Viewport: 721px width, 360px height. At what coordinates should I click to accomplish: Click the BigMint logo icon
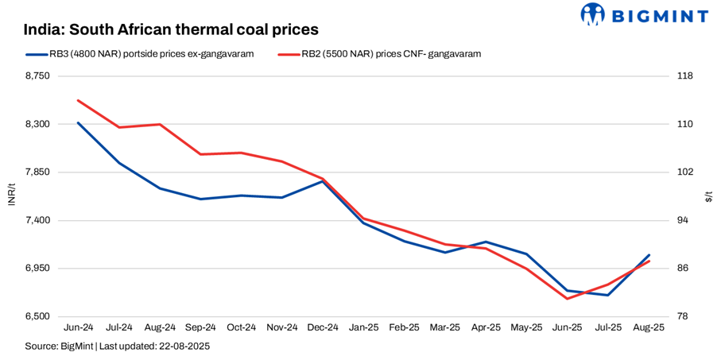point(592,14)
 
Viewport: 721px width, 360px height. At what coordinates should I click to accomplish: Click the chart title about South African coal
point(171,29)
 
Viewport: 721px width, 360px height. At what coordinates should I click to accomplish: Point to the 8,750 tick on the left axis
point(37,76)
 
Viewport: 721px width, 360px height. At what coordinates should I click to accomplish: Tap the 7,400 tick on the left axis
point(37,220)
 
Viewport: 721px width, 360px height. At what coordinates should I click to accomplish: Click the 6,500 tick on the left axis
point(37,316)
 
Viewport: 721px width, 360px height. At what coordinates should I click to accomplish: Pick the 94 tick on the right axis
point(682,220)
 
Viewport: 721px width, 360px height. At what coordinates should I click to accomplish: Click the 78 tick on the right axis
point(682,316)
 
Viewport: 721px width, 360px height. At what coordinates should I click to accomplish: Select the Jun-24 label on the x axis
point(78,327)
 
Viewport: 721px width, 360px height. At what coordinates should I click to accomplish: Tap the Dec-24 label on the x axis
point(323,327)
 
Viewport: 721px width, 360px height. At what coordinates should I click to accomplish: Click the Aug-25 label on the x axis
point(649,327)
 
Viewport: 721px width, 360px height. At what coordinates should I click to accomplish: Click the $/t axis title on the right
point(708,195)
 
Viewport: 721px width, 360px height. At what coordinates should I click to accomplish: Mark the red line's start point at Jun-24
point(78,100)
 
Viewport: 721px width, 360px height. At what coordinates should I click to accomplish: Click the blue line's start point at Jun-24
point(78,122)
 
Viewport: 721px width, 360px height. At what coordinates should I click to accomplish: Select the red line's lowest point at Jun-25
point(567,299)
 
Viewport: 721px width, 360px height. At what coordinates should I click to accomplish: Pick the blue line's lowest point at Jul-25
point(608,295)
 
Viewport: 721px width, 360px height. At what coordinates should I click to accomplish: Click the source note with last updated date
point(117,346)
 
